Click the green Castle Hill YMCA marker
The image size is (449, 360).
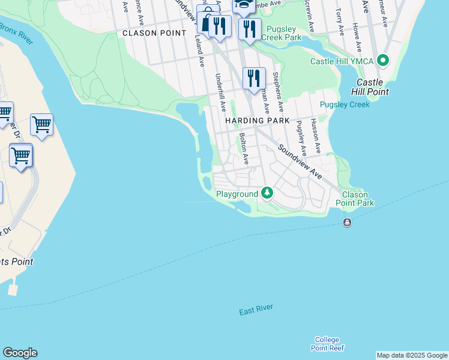click(382, 61)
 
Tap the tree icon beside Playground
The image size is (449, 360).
click(267, 193)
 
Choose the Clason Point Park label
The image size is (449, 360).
click(358, 199)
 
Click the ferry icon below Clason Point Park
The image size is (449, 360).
click(347, 223)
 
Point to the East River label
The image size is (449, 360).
click(256, 310)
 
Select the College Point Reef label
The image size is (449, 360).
click(327, 344)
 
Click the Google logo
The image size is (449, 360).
click(20, 353)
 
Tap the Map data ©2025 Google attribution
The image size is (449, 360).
click(411, 355)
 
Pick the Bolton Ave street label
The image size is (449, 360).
click(244, 149)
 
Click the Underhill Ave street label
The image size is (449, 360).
click(221, 92)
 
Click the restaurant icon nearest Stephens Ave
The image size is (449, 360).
click(254, 77)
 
